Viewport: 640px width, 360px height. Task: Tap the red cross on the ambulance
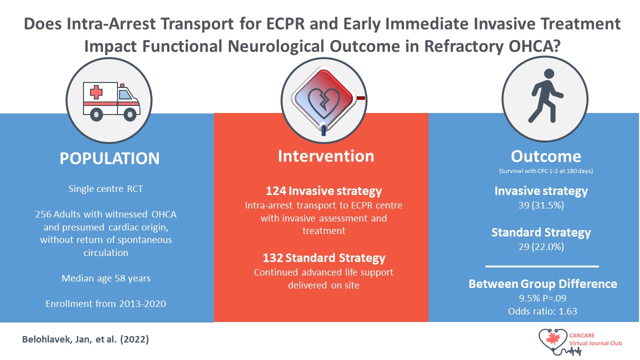coord(96,92)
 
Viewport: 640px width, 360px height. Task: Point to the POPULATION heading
coord(109,158)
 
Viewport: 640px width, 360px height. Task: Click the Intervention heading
coord(325,155)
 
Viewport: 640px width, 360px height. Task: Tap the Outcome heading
coord(546,156)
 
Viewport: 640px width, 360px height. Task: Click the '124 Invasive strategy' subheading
coord(324,190)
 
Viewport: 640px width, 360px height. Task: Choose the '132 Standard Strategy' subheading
coord(324,258)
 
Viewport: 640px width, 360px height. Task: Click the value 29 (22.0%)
coord(540,247)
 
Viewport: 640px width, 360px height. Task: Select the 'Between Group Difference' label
coord(542,283)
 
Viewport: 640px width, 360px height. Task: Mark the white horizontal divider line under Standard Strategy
coord(542,266)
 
